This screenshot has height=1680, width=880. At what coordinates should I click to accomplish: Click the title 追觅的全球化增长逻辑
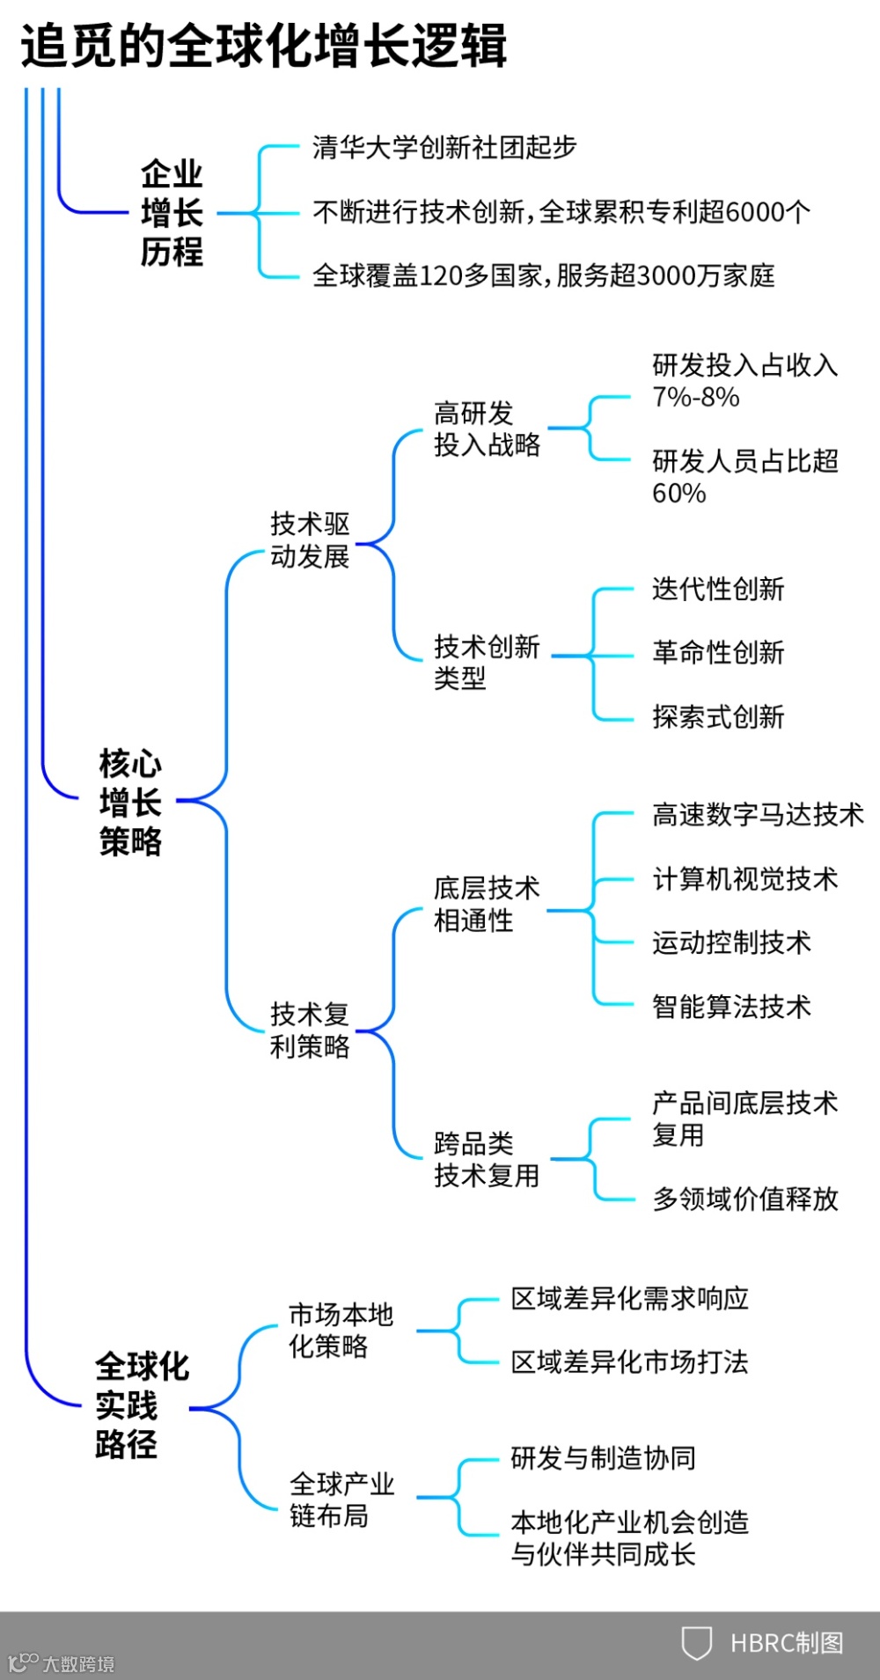(x=263, y=46)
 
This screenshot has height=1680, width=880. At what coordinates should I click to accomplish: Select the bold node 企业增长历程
(x=172, y=213)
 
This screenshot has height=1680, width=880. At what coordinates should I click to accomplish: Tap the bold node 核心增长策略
(x=130, y=803)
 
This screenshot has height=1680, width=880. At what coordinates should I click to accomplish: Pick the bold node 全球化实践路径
(x=142, y=1405)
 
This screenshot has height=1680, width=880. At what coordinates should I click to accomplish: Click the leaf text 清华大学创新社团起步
(x=444, y=147)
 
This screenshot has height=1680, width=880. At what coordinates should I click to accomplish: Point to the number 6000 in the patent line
(x=754, y=212)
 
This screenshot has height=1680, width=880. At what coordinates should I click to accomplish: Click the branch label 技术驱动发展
(x=310, y=540)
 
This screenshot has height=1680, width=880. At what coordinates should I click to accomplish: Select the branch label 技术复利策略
(x=310, y=1031)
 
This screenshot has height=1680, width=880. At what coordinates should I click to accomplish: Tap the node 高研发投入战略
(x=487, y=429)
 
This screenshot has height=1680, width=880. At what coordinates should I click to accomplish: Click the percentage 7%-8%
(x=695, y=398)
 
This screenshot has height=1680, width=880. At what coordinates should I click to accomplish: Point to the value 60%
(x=678, y=494)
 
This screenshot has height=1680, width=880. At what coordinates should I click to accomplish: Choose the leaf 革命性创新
(x=718, y=653)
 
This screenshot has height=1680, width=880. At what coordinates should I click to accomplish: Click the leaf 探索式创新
(x=718, y=717)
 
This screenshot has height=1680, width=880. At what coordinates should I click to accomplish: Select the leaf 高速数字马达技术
(x=758, y=815)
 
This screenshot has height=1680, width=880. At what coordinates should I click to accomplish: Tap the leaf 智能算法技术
(x=731, y=1007)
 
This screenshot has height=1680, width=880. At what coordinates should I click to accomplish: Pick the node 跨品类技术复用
(x=487, y=1160)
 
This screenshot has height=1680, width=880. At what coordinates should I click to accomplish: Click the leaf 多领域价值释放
(x=745, y=1199)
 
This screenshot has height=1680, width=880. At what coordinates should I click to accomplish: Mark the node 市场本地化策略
(x=341, y=1331)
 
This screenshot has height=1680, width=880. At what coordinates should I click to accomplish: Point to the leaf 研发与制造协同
(x=603, y=1458)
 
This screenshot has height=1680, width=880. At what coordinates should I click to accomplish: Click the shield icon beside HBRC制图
(x=696, y=1643)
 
